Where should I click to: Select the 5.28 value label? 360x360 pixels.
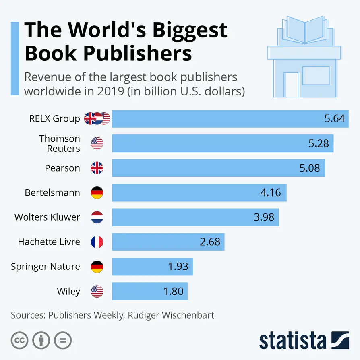pos(319,143)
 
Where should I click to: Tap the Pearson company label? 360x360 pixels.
pos(62,168)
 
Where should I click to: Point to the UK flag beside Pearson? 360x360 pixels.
pos(97,168)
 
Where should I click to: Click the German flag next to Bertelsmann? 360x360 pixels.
pos(97,192)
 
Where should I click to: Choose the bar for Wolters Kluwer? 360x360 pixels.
pos(195,217)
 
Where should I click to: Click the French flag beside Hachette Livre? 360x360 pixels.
pos(97,242)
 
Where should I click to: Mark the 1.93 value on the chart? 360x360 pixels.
pos(178,267)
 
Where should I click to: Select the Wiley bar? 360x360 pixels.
pos(149,291)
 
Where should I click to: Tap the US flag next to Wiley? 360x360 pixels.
pos(97,291)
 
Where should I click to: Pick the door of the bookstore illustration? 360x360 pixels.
pos(291,85)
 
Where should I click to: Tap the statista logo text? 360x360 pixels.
pos(293,341)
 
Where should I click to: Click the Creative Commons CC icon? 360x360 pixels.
pos(19,340)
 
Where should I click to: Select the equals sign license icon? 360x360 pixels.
pos(62,340)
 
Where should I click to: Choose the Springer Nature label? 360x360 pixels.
pos(46,267)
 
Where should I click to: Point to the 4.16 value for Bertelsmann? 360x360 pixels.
pos(271,193)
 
